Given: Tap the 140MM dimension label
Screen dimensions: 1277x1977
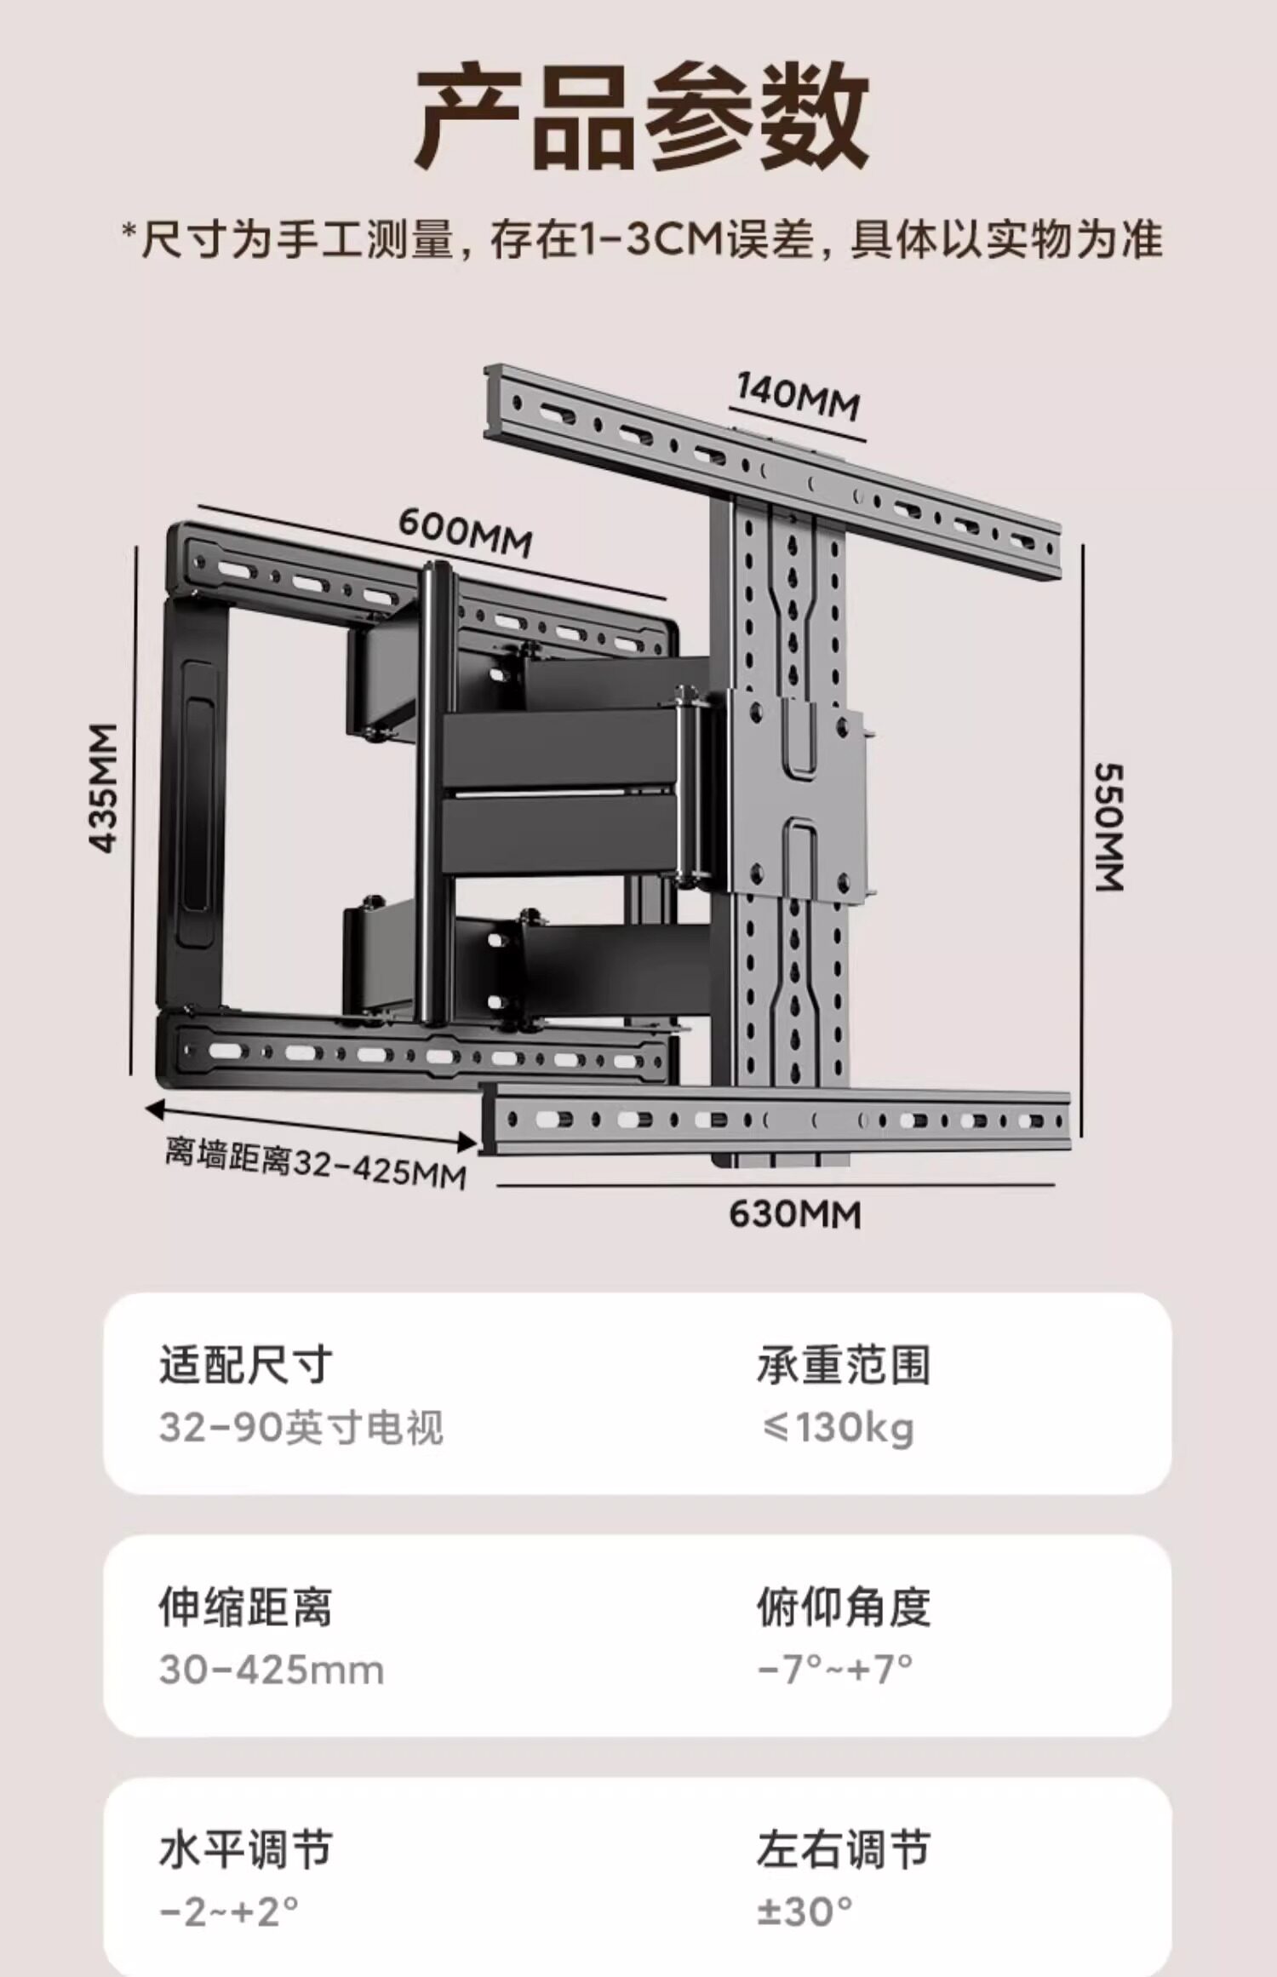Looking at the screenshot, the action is [798, 398].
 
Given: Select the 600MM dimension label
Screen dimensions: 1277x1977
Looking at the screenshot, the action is [465, 533].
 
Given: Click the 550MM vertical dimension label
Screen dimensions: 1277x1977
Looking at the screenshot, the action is [1108, 827].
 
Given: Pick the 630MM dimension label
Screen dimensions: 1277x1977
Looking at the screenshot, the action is [795, 1215].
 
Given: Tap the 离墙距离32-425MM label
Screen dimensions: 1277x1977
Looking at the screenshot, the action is [315, 1162].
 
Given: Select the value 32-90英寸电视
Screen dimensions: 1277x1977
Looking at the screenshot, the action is [301, 1428].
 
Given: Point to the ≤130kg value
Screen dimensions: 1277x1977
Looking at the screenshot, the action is [837, 1428].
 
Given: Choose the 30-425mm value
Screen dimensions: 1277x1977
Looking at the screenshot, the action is [272, 1670].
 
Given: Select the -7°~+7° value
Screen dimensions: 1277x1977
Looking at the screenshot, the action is [835, 1670].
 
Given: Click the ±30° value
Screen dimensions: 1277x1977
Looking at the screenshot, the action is [805, 1912].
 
